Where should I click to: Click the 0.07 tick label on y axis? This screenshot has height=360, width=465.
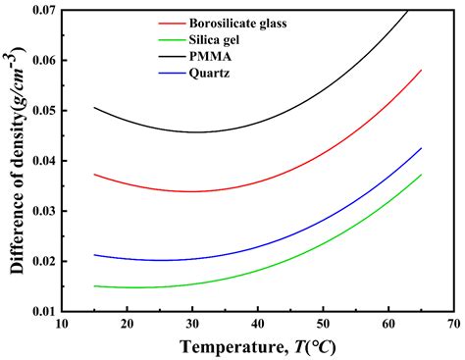pyautogui.click(x=41, y=10)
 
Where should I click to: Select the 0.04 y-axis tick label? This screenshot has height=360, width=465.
pyautogui.click(x=41, y=160)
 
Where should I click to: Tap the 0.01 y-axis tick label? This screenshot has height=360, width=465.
pyautogui.click(x=41, y=311)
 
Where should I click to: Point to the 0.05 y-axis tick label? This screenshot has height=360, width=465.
pyautogui.click(x=41, y=110)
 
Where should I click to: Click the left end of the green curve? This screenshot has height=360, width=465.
pyautogui.click(x=94, y=285)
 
